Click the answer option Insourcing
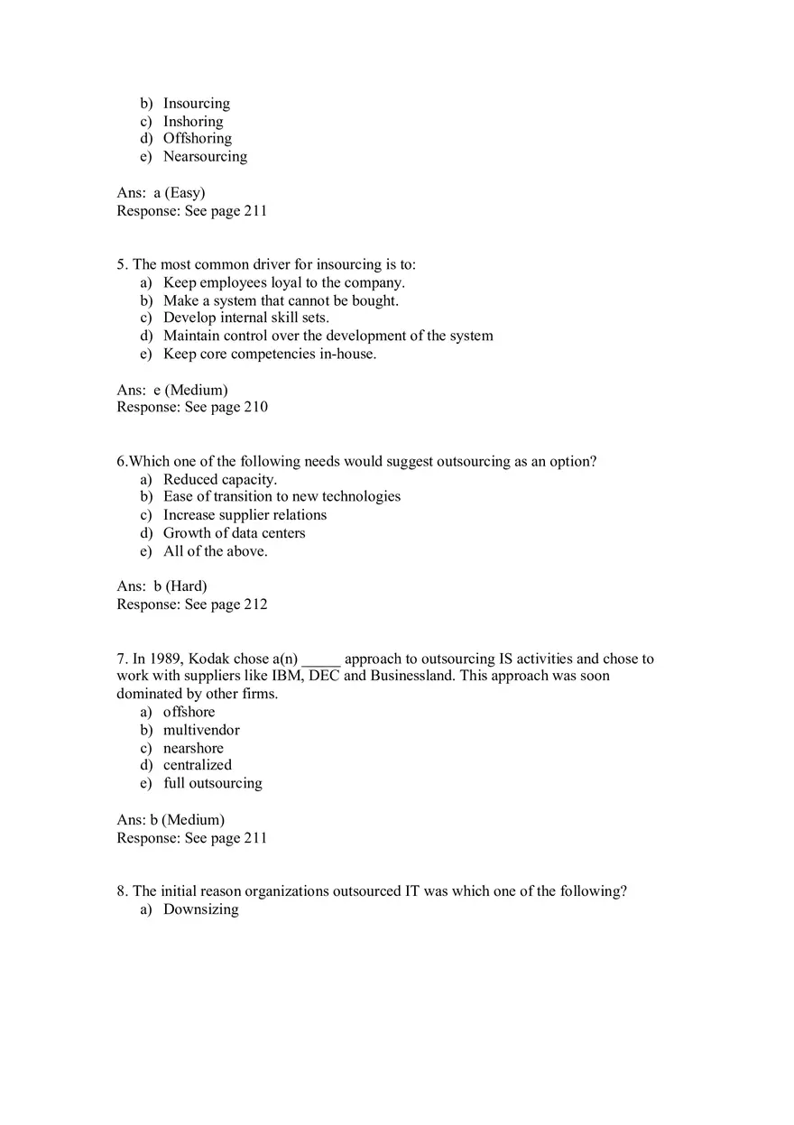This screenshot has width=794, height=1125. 197,104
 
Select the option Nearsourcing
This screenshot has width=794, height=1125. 205,157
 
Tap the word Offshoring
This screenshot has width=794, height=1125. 198,139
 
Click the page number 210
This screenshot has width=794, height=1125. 256,408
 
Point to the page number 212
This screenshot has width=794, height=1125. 256,604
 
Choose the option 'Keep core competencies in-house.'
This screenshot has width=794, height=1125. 270,354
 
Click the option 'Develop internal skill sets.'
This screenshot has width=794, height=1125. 246,318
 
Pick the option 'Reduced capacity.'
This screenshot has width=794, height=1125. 220,480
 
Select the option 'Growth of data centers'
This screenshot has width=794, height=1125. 235,533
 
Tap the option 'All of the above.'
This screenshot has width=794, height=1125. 216,551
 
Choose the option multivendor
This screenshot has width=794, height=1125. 201,730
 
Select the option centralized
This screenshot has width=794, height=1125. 198,765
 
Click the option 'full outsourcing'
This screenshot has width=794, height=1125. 213,783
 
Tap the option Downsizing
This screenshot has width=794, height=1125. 201,909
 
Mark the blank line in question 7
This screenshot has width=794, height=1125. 320,660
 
